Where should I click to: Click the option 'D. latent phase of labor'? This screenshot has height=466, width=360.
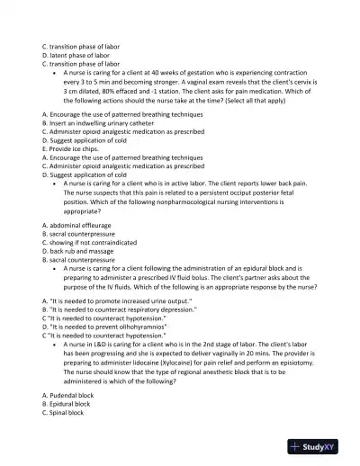coord(76,54)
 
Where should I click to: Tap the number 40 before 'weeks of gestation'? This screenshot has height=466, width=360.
coord(170,73)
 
